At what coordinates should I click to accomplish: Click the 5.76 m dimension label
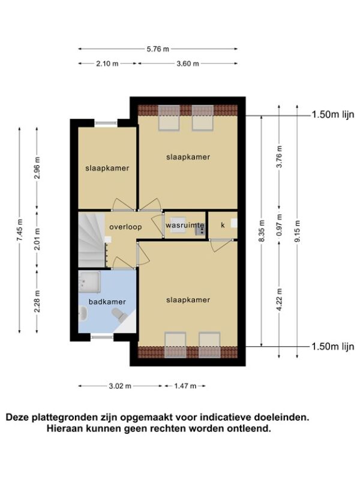tap(158, 49)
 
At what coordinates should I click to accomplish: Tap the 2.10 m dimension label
tap(107, 64)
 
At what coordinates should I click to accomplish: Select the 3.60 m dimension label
tap(188, 64)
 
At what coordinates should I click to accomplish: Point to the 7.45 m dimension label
tap(20, 230)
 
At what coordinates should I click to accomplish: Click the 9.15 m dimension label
tap(297, 231)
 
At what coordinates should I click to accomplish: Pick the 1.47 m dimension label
tap(185, 386)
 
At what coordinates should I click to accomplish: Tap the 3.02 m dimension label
tap(120, 386)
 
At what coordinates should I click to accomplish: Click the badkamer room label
tap(107, 302)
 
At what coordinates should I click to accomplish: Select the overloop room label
tap(125, 227)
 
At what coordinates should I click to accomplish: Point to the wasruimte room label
tap(185, 226)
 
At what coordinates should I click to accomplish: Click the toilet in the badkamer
tap(118, 314)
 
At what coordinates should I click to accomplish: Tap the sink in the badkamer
tap(83, 313)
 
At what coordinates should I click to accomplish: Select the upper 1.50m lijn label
tap(333, 115)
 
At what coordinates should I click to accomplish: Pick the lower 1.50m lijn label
tap(333, 347)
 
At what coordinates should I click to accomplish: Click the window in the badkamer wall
tap(102, 337)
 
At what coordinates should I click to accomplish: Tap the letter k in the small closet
tap(223, 225)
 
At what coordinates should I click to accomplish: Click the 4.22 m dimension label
tap(279, 299)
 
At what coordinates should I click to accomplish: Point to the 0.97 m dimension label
tap(279, 224)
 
